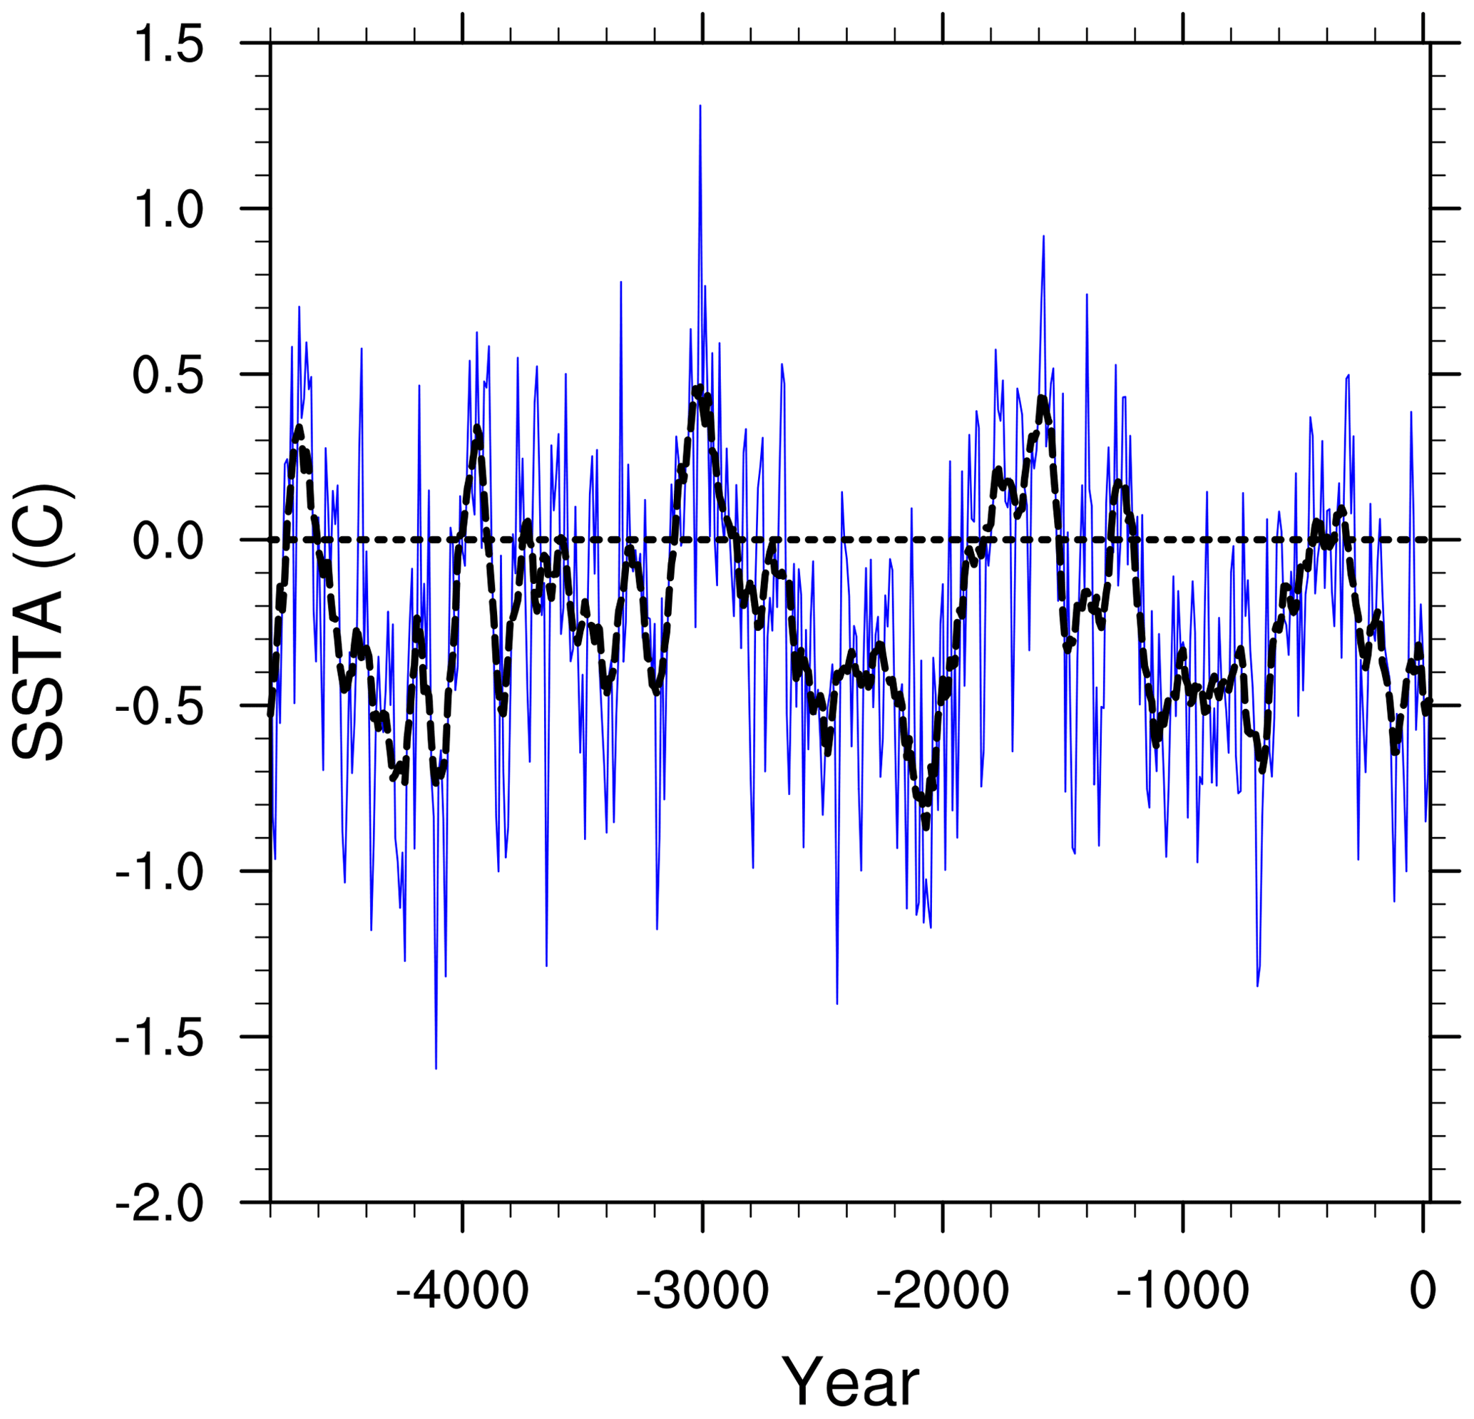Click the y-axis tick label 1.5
point(168,45)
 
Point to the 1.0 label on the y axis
point(168,210)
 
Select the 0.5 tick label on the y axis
point(168,376)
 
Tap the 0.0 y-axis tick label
point(168,541)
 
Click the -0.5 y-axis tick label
point(160,707)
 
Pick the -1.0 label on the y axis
point(160,873)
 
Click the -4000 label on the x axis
point(463,1291)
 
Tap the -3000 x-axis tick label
point(702,1291)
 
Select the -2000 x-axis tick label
point(942,1291)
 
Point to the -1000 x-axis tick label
point(1182,1291)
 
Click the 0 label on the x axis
point(1423,1291)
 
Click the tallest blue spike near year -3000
point(700,107)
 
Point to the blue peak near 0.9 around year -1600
point(1043,237)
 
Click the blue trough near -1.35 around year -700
point(1257,985)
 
